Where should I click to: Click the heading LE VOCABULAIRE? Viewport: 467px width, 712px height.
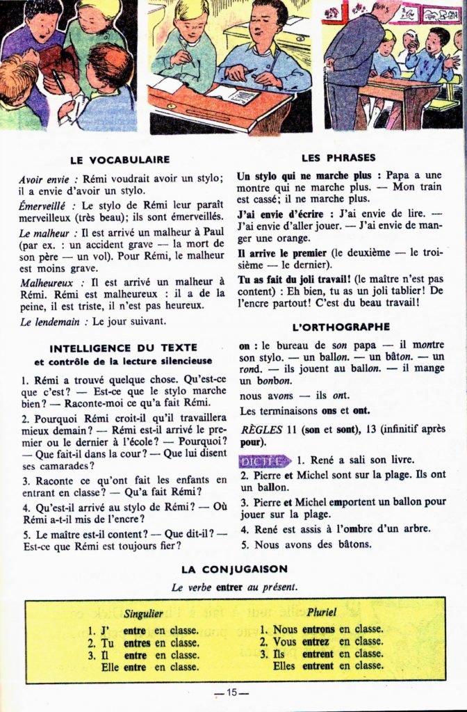pyautogui.click(x=120, y=159)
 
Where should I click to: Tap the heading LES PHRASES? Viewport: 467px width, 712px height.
pyautogui.click(x=339, y=158)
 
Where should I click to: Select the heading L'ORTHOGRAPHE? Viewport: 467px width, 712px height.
pyautogui.click(x=341, y=327)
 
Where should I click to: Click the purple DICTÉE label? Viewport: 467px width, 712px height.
pyautogui.click(x=264, y=460)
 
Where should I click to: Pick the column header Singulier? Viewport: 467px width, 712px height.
pyautogui.click(x=144, y=614)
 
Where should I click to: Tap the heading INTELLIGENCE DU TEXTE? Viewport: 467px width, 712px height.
pyautogui.click(x=123, y=348)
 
